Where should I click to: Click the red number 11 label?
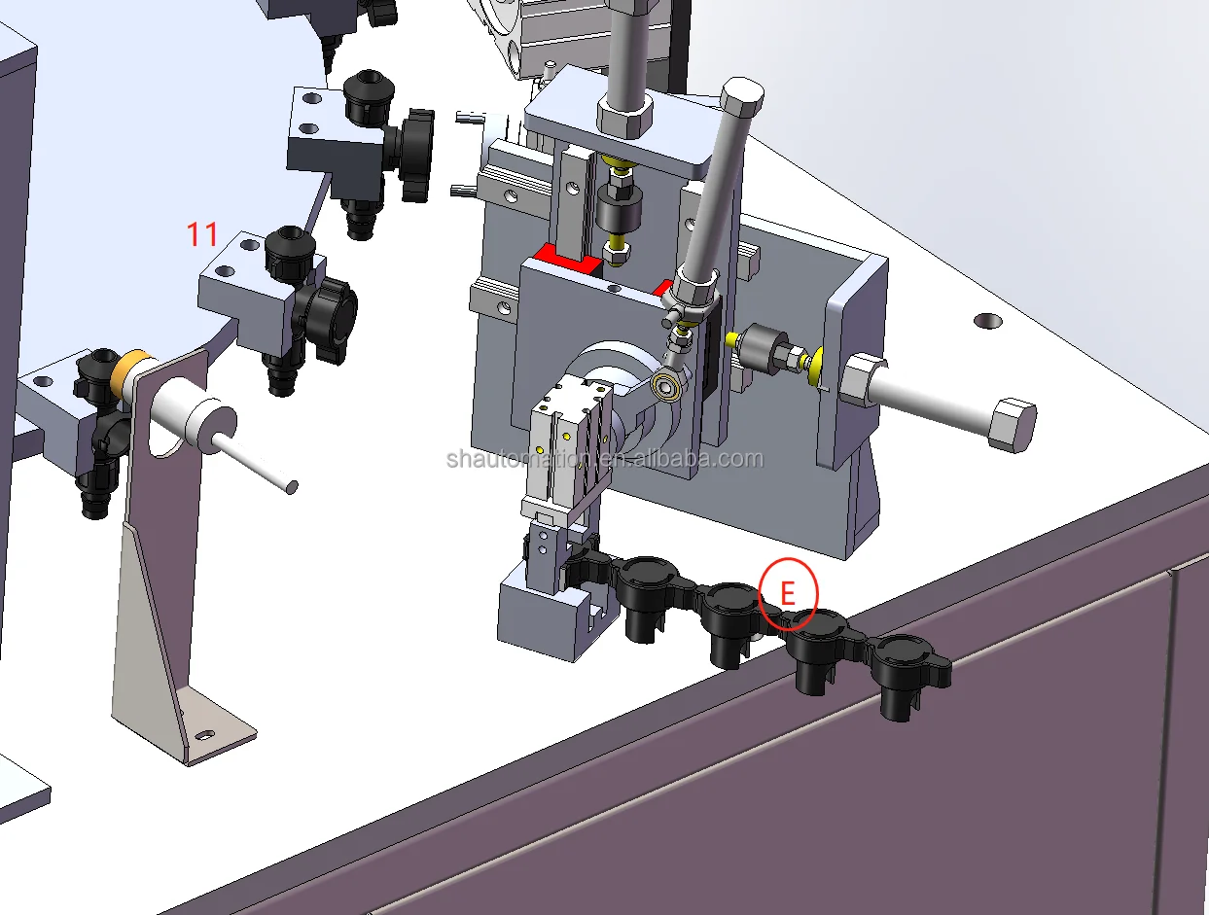click(x=202, y=233)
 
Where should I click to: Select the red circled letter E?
click(x=789, y=593)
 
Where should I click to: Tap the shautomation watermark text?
click(x=605, y=459)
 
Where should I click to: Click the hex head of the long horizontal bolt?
click(x=1012, y=424)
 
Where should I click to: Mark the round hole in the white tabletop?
click(x=988, y=320)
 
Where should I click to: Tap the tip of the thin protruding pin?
click(x=290, y=484)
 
